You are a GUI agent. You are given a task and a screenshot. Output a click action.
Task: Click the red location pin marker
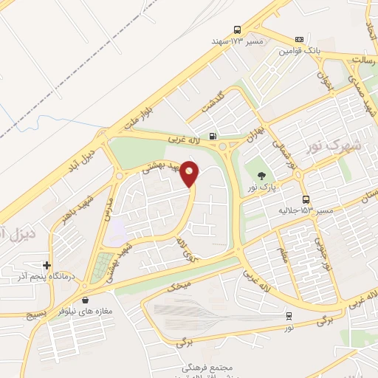pyautogui.click(x=190, y=173)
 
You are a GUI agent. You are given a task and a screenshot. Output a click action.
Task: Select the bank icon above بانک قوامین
pyautogui.click(x=299, y=39)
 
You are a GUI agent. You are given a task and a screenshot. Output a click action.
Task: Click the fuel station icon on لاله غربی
pyautogui.click(x=213, y=136)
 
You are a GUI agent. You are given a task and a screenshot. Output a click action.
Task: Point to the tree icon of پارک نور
pyautogui.click(x=261, y=175)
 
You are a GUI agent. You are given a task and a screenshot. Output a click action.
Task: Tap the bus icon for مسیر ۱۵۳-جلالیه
pyautogui.click(x=306, y=199)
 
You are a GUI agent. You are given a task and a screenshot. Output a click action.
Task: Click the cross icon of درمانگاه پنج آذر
pyautogui.click(x=47, y=265)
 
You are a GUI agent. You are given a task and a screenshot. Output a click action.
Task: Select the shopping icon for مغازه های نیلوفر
pyautogui.click(x=87, y=300)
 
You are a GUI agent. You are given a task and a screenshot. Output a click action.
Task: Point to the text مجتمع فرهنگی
pyautogui.click(x=207, y=367)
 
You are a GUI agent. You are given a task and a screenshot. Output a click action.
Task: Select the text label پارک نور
pyautogui.click(x=261, y=188)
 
